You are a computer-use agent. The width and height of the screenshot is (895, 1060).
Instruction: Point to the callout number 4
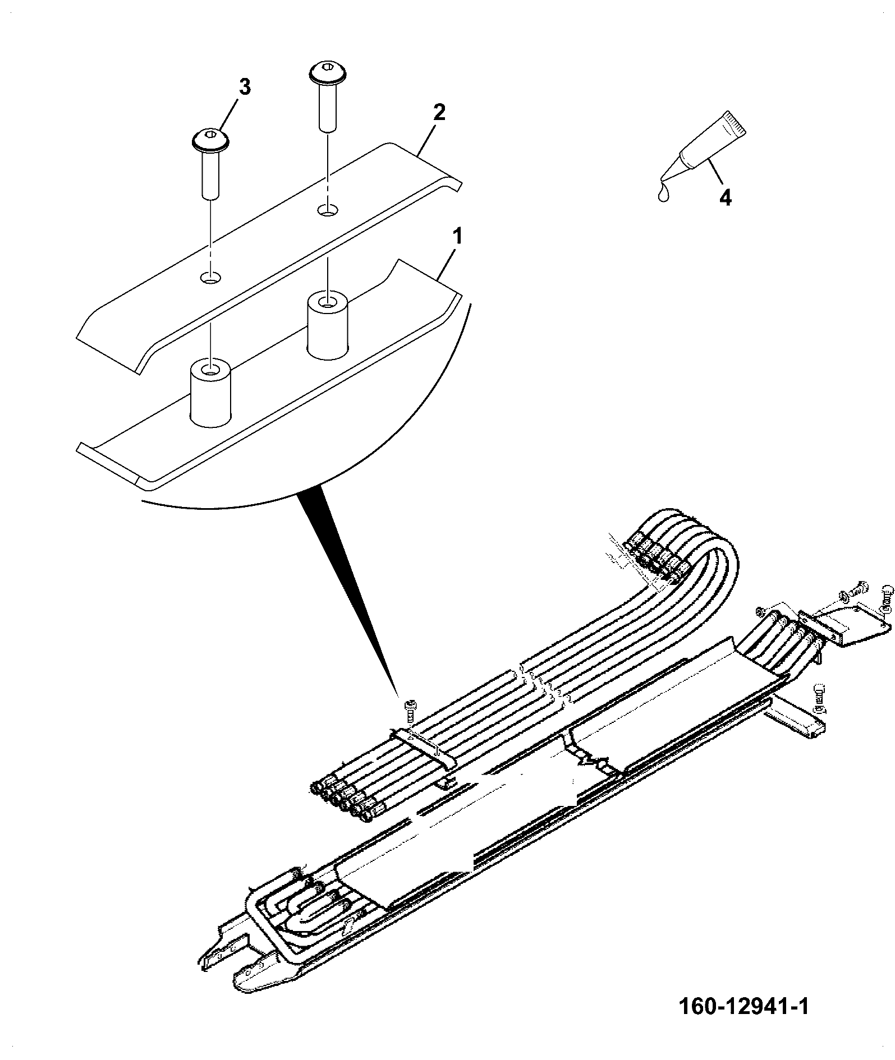click(725, 197)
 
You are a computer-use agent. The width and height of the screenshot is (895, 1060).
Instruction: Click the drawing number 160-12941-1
click(744, 1021)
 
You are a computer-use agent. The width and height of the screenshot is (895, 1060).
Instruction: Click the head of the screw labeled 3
click(211, 140)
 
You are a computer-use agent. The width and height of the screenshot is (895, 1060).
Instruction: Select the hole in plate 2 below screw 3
click(211, 278)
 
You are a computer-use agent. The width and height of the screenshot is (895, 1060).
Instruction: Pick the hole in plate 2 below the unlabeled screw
click(328, 210)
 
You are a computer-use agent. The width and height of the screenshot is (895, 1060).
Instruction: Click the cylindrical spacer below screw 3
click(212, 394)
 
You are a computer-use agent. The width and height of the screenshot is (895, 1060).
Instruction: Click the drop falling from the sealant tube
click(663, 193)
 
